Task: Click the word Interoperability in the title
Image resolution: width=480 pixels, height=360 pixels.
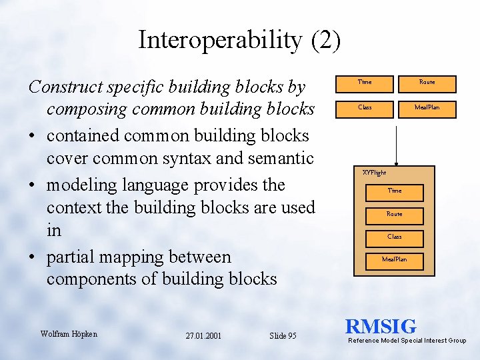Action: [x=220, y=41]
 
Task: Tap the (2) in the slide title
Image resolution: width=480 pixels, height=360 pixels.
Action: [x=325, y=41]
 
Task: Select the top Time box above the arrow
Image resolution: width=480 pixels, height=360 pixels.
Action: [x=365, y=82]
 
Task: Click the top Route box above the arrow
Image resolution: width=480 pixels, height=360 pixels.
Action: [x=427, y=82]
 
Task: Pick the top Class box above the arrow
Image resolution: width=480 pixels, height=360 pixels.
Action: [x=365, y=107]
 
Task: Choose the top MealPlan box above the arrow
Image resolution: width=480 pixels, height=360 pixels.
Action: [x=427, y=107]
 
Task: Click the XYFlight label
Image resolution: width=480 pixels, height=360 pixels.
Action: [x=374, y=173]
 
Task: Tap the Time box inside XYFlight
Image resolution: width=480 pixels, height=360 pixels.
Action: [x=395, y=191]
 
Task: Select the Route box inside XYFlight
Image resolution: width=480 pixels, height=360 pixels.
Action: [x=395, y=214]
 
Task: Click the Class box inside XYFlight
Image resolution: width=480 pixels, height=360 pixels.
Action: [x=395, y=237]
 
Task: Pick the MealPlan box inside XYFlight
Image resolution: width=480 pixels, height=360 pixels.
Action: [x=395, y=259]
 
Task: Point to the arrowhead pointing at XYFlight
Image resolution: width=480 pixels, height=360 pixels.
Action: [x=396, y=162]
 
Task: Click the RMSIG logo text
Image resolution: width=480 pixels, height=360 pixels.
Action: [x=381, y=327]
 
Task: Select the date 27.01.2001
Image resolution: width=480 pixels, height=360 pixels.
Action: [x=204, y=336]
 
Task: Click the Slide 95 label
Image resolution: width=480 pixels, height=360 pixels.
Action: [x=283, y=336]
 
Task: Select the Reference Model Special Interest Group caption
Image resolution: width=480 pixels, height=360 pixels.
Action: [x=407, y=341]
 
